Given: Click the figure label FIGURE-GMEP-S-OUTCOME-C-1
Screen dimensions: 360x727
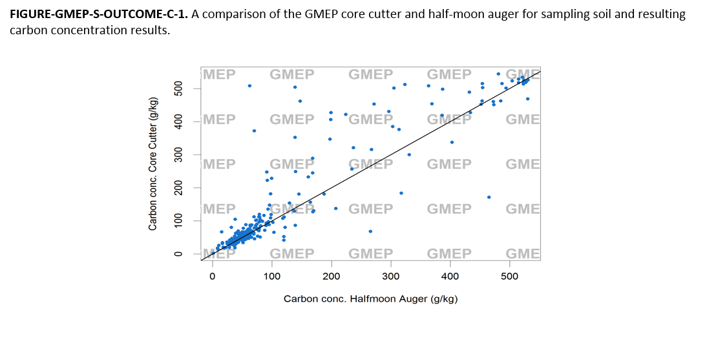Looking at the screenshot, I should tap(98, 14).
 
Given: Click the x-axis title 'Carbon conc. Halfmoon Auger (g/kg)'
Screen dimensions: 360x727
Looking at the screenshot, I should tap(370, 299).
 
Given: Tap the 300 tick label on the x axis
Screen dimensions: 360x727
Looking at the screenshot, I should tap(390, 277).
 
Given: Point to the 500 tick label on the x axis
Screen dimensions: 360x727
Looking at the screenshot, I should tap(509, 277).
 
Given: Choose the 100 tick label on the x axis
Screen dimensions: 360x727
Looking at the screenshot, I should tap(272, 277).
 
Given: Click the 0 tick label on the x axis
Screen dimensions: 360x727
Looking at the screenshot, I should tap(213, 277).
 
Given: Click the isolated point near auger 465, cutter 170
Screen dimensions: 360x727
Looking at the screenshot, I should tap(489, 197).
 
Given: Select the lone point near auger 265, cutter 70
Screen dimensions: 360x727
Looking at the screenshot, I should tap(370, 231).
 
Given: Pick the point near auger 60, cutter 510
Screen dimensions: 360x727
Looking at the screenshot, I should tap(249, 85).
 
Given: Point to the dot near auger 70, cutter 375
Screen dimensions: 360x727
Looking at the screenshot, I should tap(254, 131).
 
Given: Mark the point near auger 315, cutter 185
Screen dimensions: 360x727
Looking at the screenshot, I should tap(401, 193).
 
